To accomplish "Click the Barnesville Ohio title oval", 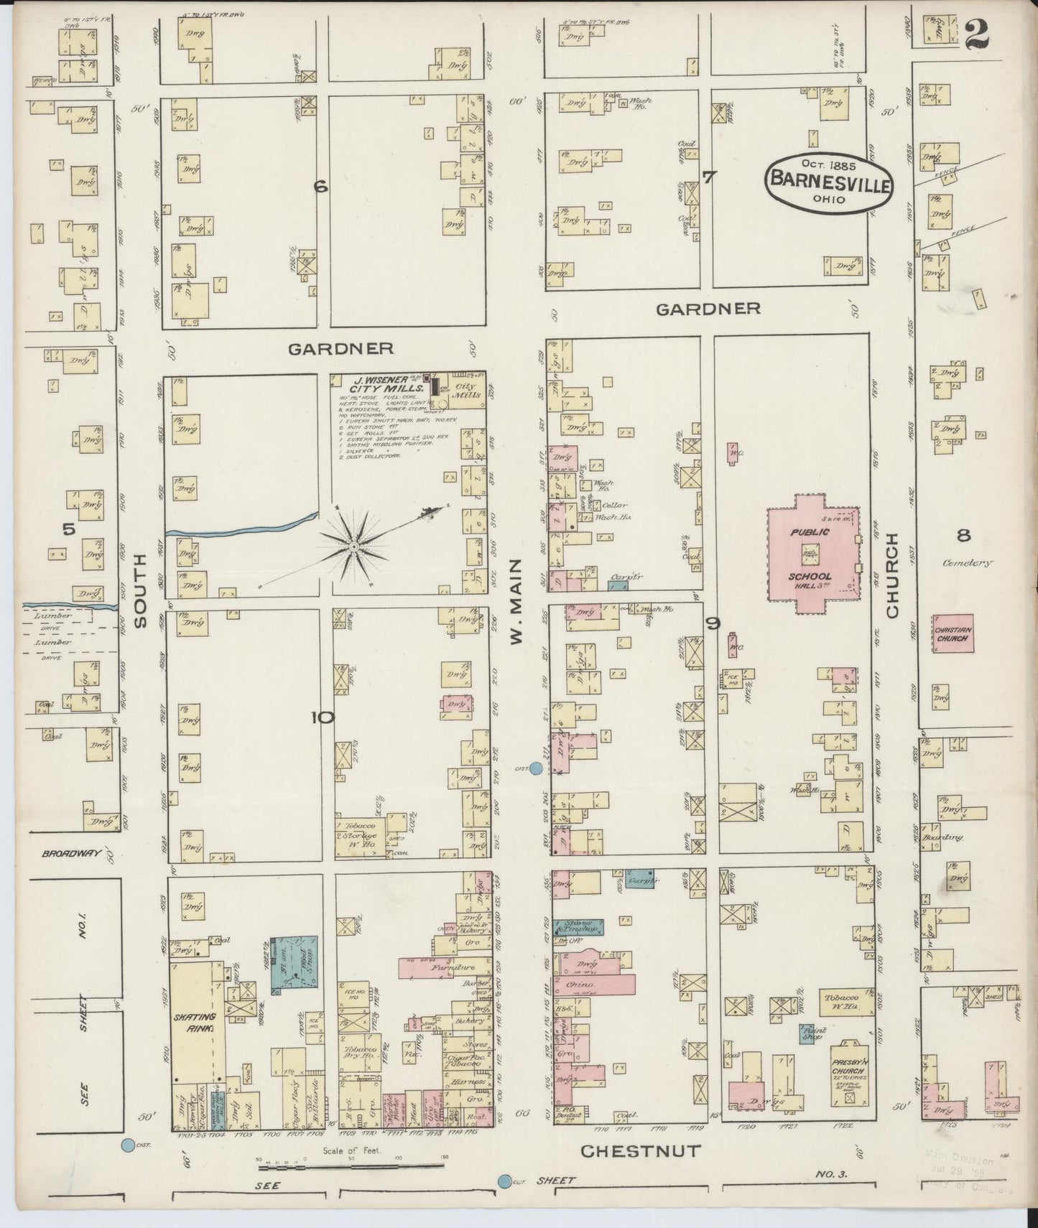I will pos(829,183).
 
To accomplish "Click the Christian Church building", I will pos(953,634).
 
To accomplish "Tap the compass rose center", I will pos(353,547).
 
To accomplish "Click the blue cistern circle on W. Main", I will pos(535,769).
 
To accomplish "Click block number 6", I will pos(320,187).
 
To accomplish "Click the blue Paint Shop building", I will pos(812,1033).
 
